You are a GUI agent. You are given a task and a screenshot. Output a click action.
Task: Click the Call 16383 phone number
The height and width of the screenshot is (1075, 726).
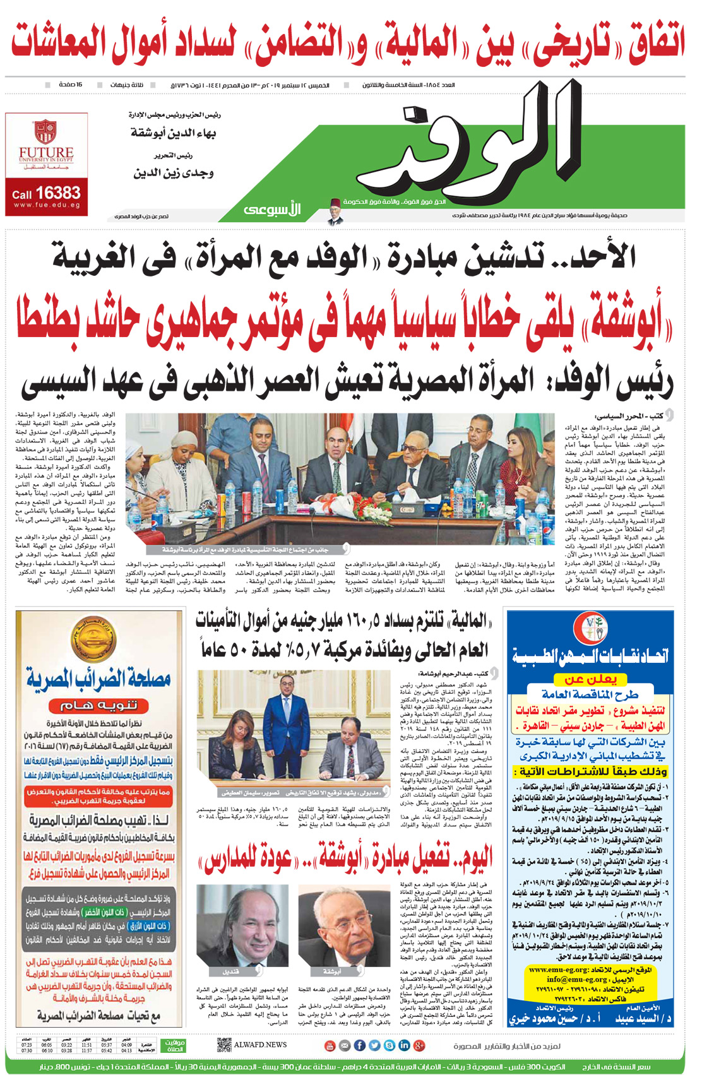(46, 193)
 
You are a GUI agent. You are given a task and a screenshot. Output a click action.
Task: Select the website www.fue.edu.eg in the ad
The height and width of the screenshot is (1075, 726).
(46, 205)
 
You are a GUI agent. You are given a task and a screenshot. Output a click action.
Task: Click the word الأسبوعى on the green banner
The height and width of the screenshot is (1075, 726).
(272, 210)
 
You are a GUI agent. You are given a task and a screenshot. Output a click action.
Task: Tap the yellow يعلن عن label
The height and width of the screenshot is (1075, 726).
(590, 679)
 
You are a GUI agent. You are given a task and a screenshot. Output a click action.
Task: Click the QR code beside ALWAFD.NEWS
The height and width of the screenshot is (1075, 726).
(223, 1045)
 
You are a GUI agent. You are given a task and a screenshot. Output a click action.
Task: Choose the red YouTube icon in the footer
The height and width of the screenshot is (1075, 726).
(330, 1045)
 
